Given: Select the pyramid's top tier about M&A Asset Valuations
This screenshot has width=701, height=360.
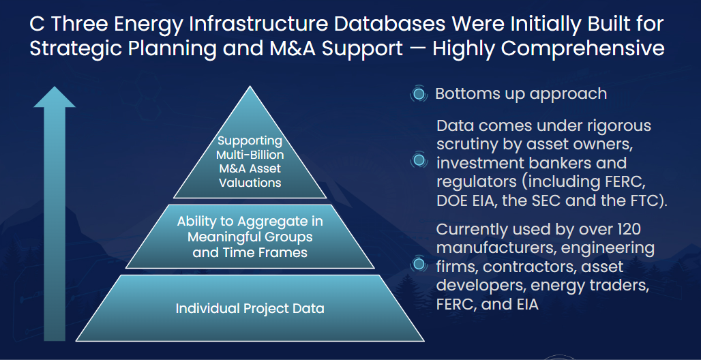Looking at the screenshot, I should coord(250,162).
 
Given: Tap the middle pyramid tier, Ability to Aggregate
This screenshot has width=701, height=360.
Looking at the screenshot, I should coord(250,237).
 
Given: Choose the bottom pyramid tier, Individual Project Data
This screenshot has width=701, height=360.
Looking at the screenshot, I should coord(250,309).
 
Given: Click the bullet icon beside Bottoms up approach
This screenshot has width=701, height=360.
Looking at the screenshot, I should coord(418,94).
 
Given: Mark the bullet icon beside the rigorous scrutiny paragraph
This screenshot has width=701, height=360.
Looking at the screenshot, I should coord(418,160).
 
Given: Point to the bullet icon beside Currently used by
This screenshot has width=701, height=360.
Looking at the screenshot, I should coord(418,265).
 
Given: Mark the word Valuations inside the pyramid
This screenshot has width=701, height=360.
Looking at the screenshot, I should coord(250,183).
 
